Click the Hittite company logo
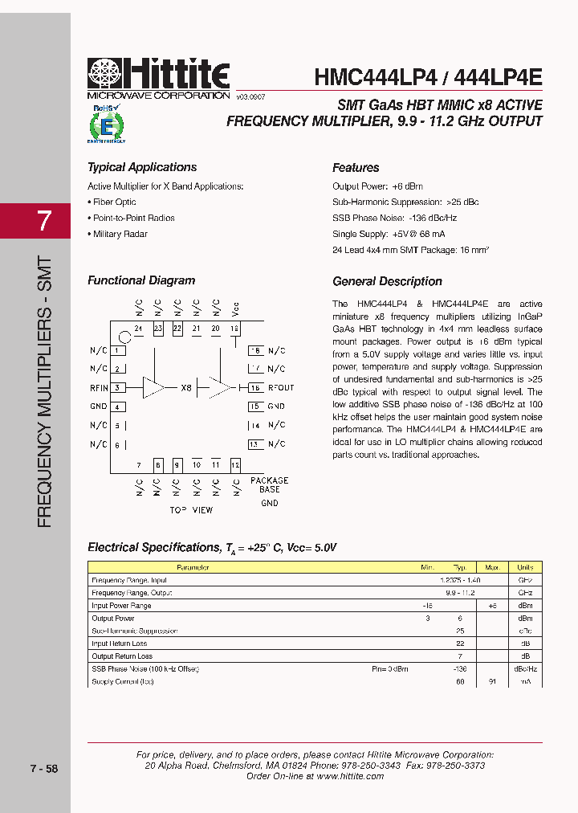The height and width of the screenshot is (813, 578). tap(158, 78)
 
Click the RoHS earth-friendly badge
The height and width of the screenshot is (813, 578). tap(106, 124)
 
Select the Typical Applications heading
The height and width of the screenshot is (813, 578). tap(142, 167)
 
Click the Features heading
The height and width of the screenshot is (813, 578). tap(356, 168)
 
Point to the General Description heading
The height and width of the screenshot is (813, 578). tap(387, 281)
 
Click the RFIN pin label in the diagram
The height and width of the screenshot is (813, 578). tap(99, 388)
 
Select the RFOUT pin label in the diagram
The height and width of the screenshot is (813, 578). tap(280, 388)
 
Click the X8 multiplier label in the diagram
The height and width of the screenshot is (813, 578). tap(186, 388)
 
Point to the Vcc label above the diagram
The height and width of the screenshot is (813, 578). tap(235, 308)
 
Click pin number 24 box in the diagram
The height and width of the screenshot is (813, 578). tap(138, 329)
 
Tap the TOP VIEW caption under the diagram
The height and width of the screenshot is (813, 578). tap(191, 510)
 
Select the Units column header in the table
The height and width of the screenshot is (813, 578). tap(525, 567)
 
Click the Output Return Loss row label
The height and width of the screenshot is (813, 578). tap(122, 656)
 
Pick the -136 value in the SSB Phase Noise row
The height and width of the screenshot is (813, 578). tap(459, 668)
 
